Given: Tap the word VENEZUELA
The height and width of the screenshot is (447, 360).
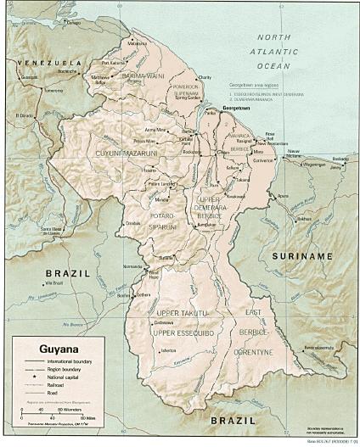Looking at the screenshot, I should click(47, 63).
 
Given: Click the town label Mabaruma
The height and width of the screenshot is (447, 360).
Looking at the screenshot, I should click(137, 43).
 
